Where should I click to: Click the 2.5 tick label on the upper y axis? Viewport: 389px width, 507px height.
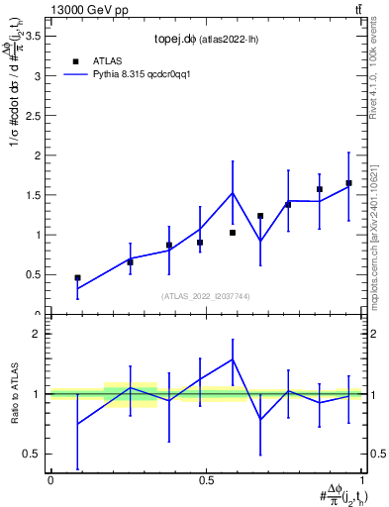coord(31,115)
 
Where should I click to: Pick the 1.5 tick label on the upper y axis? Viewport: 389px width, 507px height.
coord(31,195)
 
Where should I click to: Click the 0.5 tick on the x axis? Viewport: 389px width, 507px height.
coord(206,480)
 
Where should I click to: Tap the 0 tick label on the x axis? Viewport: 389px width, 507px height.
coord(50,480)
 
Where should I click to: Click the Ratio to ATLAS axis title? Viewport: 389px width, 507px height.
coord(14,394)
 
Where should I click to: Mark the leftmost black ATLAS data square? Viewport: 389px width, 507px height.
coord(77,278)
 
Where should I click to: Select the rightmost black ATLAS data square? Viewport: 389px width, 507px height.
coord(348,183)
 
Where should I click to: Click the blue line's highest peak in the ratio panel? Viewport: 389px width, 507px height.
coord(233,359)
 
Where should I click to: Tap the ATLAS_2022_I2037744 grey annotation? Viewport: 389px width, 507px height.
coord(206,296)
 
